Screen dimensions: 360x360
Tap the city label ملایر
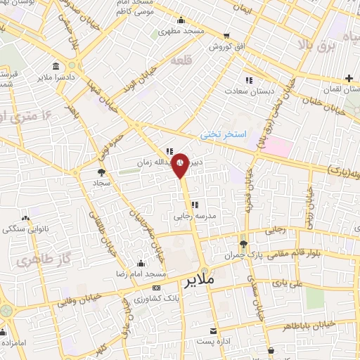pyautogui.click(x=200, y=282)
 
